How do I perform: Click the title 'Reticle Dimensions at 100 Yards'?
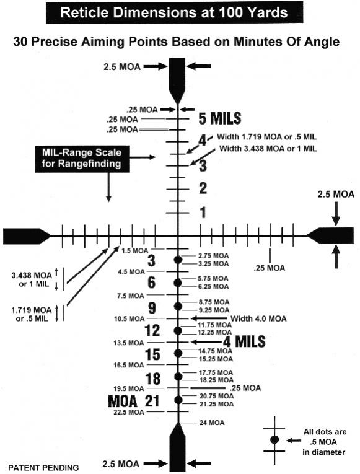(174, 12)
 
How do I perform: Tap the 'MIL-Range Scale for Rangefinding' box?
(82, 159)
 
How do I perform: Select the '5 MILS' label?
(220, 118)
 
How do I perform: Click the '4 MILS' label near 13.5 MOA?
(244, 341)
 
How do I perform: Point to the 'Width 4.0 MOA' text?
(258, 318)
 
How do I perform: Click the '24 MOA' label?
(212, 423)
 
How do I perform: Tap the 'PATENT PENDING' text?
(43, 468)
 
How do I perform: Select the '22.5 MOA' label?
(129, 412)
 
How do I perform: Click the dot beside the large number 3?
(178, 260)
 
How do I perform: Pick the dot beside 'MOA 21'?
(178, 400)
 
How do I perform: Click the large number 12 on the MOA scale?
(152, 330)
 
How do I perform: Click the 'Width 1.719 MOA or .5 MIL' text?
(267, 137)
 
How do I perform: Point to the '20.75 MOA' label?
(216, 396)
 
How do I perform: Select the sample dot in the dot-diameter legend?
(274, 439)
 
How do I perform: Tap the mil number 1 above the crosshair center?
(203, 213)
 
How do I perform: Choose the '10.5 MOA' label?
(130, 318)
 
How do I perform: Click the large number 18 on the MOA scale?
(153, 379)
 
